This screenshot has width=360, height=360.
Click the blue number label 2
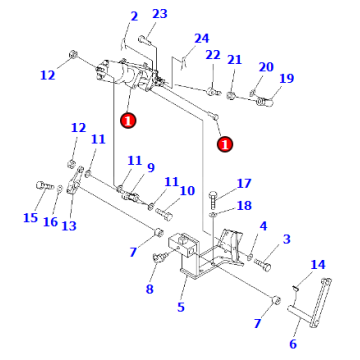pos(134,18)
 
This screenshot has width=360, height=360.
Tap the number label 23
pos(160,13)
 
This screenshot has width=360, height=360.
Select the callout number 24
pos(202,38)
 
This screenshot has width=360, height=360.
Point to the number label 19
pos(287,79)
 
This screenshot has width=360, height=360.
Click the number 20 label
pos(265,67)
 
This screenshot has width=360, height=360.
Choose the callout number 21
pos(234,60)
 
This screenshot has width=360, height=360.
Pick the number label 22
pos(212,55)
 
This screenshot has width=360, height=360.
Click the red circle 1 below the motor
pos(127,119)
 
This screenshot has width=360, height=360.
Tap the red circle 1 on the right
pos(224,143)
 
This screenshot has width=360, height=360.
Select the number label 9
pos(150,167)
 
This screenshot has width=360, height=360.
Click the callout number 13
pos(69,226)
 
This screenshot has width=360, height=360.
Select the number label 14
pos(318,264)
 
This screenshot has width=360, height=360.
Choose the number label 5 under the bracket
pos(180,307)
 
